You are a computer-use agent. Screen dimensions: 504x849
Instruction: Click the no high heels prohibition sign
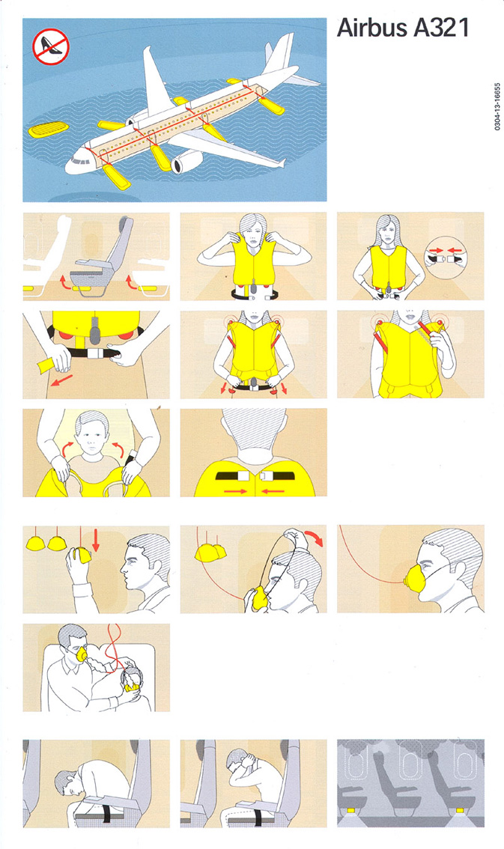coord(50,46)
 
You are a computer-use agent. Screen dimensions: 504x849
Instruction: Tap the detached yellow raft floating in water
coord(48,130)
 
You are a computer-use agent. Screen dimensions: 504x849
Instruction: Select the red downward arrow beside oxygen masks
coord(95,539)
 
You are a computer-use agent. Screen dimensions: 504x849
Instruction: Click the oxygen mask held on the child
coord(130,687)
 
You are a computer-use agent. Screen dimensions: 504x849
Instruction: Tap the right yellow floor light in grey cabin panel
coord(459,811)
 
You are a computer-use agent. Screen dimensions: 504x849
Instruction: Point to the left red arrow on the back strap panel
coord(234,491)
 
